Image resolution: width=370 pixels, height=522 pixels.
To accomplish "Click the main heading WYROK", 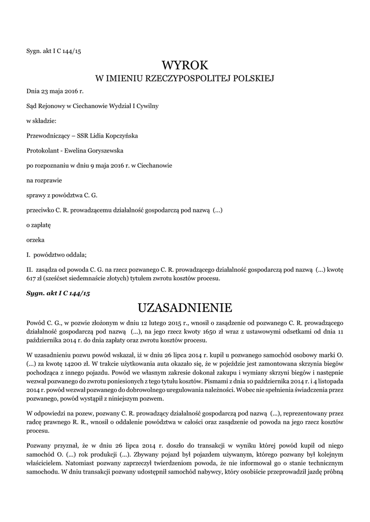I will click(x=185, y=65).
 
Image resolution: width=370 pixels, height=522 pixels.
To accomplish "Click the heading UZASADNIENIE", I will click(x=185, y=308).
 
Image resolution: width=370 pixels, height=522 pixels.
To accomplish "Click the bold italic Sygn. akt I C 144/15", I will click(x=58, y=294).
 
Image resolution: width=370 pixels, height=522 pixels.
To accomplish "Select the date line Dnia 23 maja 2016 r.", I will click(x=55, y=91).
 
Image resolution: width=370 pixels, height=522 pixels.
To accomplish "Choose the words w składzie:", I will click(x=41, y=121).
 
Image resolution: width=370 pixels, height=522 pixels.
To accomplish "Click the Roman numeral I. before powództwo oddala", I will click(x=28, y=254).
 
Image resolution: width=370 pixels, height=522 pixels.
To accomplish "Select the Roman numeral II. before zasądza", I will click(x=30, y=269).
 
